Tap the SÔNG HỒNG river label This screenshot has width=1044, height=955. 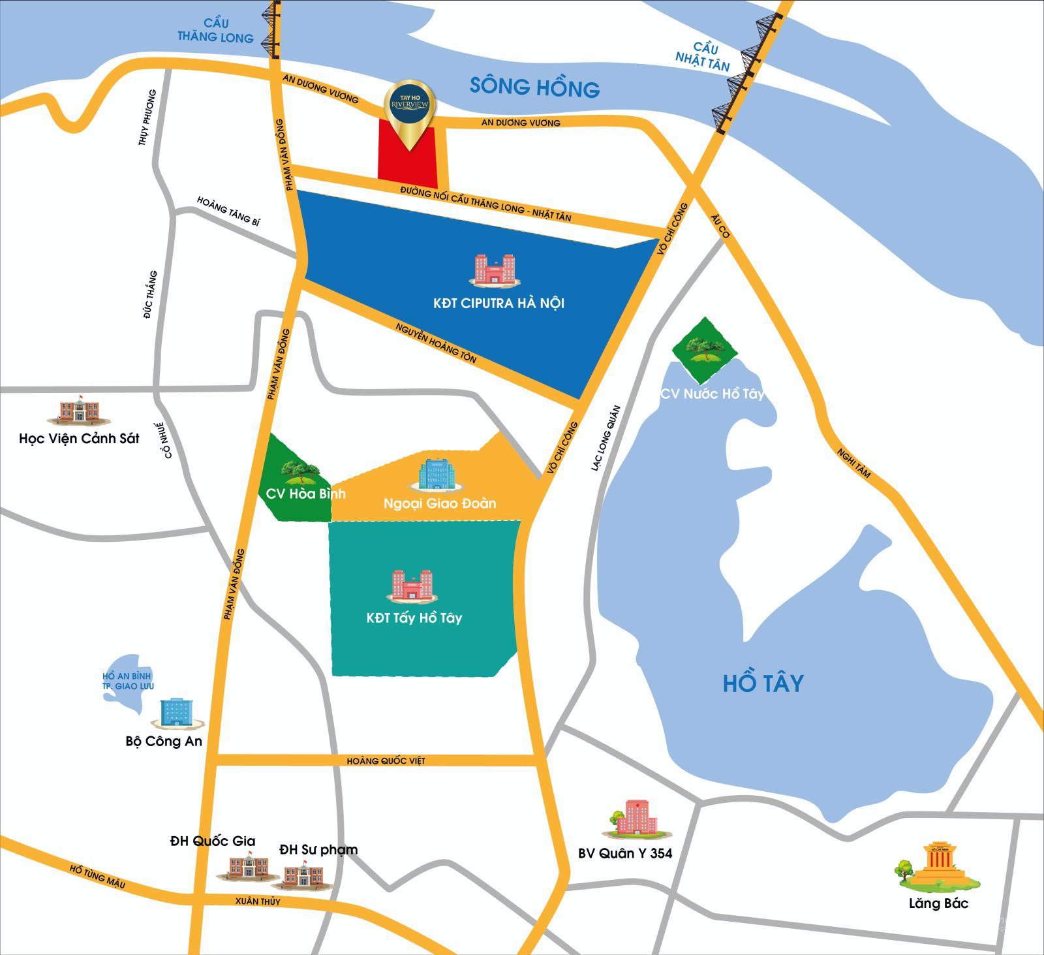(534, 87)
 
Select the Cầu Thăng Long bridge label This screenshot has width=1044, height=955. (215, 31)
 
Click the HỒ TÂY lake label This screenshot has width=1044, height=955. (763, 683)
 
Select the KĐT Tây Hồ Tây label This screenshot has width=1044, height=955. (414, 618)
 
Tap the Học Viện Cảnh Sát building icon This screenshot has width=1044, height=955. (78, 411)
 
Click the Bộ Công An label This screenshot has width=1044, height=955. (164, 742)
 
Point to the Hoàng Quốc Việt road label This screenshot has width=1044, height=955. (386, 760)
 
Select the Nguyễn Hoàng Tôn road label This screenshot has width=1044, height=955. (435, 342)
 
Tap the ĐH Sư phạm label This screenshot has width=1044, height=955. (318, 849)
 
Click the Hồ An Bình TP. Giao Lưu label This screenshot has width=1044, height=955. (127, 681)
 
